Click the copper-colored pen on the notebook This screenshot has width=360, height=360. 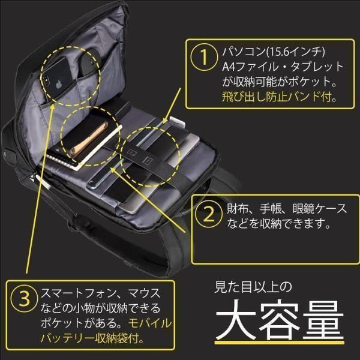88,138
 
